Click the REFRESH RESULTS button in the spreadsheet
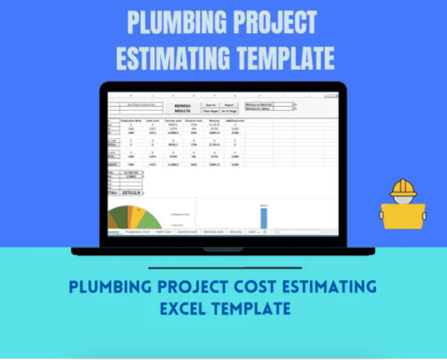pyautogui.click(x=182, y=108)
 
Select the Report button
pyautogui.click(x=228, y=105)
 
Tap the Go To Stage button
pyautogui.click(x=228, y=111)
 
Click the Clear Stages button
pyautogui.click(x=210, y=111)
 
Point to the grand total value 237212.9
pyautogui.click(x=132, y=192)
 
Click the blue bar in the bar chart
pyautogui.click(x=264, y=217)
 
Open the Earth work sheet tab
pyautogui.click(x=163, y=231)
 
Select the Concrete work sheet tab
pyautogui.click(x=187, y=231)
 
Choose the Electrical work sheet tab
pyautogui.click(x=213, y=231)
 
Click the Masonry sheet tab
pyautogui.click(x=236, y=231)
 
